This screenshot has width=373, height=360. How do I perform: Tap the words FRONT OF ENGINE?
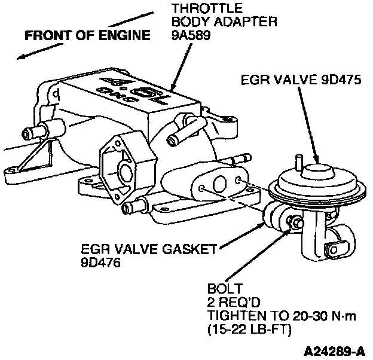click(87, 35)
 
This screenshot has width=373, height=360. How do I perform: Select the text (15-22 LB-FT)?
click(252, 328)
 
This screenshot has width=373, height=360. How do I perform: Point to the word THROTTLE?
click(198, 9)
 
